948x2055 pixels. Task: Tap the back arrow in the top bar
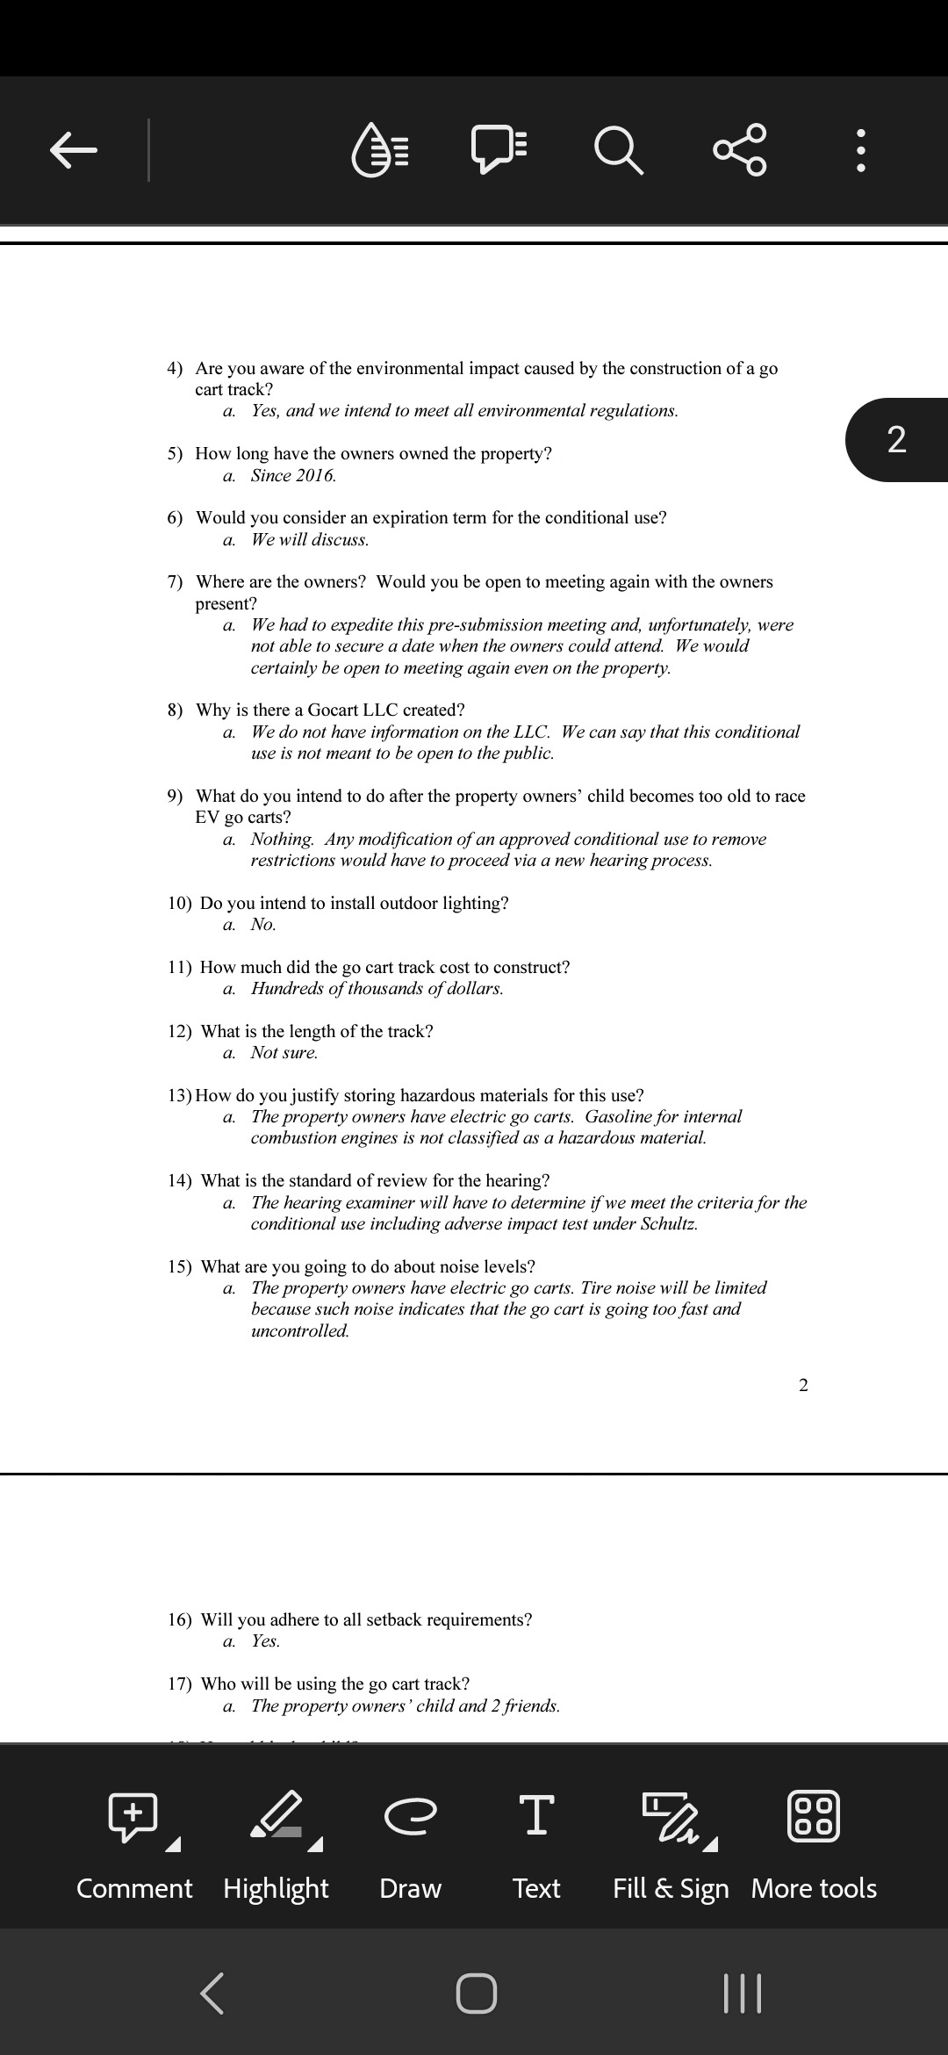coord(74,149)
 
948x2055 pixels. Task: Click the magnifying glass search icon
coord(619,149)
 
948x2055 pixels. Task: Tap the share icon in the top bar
coord(741,149)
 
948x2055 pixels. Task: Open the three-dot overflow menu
coord(861,150)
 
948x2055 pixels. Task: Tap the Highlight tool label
coord(276,1888)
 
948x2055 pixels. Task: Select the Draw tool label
coord(410,1888)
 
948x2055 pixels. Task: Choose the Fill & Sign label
coord(671,1888)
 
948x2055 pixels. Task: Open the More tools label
coord(814,1888)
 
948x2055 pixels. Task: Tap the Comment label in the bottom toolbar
coord(134,1888)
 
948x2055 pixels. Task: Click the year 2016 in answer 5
coord(314,475)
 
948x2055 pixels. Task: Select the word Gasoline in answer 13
coord(619,1116)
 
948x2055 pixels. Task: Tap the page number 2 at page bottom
coord(803,1386)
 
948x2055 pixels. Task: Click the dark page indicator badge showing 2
coord(896,439)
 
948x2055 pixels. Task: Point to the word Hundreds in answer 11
coord(285,988)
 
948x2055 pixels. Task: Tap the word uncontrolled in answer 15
coord(299,1330)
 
